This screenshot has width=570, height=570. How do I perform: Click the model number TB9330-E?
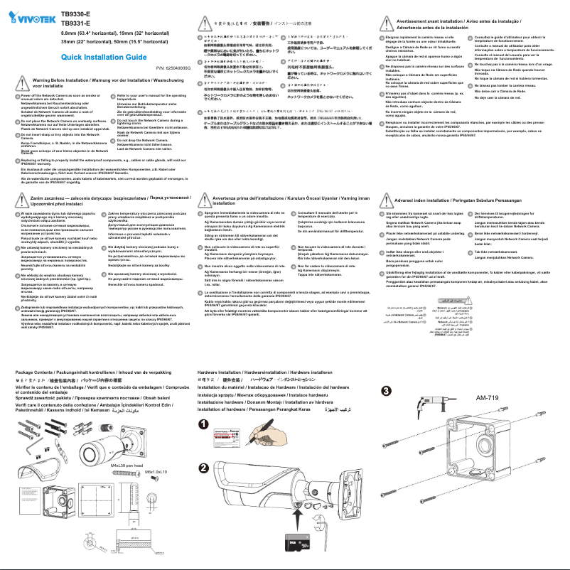coord(76,13)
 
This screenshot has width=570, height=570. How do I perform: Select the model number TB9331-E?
coord(76,22)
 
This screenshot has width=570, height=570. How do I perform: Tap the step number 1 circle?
coord(204,424)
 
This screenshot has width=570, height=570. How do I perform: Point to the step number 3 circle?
coord(386,391)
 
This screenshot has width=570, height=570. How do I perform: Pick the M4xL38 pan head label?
coord(128,465)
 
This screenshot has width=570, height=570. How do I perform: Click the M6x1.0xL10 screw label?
coord(155,472)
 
